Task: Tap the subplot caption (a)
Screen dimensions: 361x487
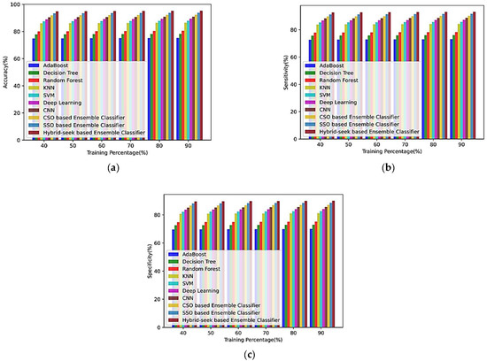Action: [x=113, y=165]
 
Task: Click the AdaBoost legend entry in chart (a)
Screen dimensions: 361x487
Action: [x=53, y=65]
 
